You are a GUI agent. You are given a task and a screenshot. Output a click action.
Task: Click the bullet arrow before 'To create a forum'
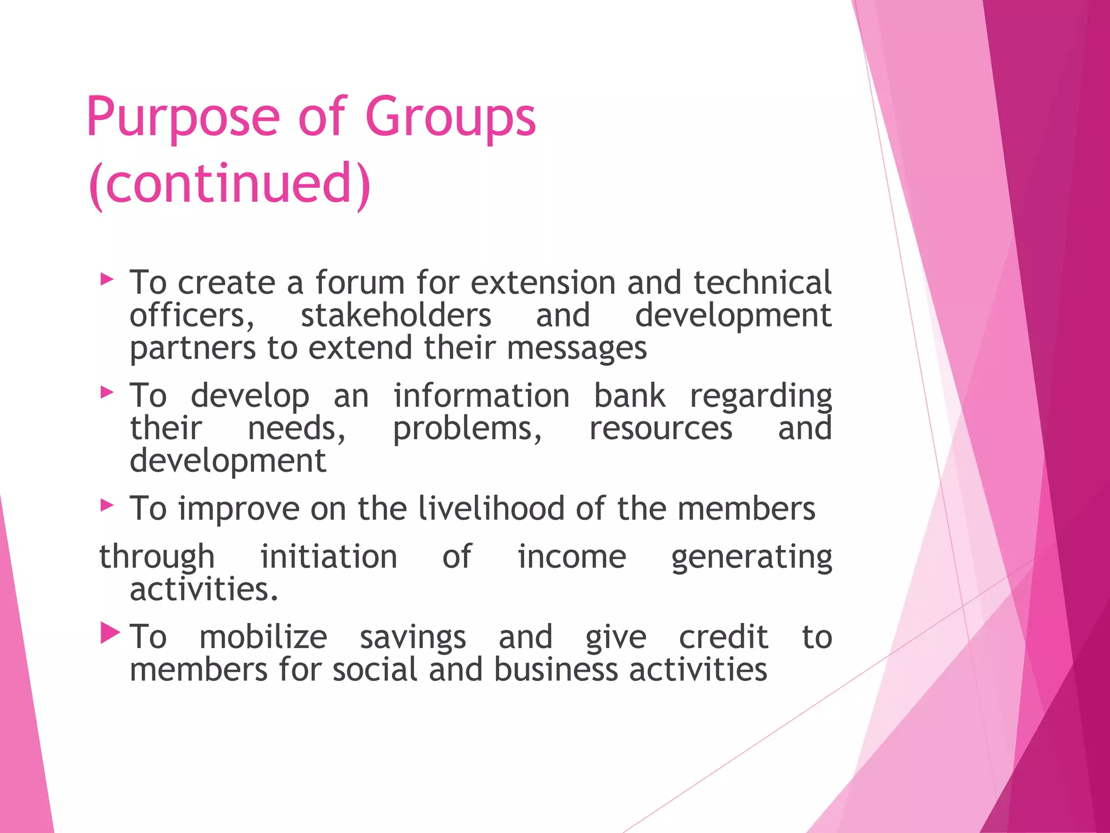tap(107, 280)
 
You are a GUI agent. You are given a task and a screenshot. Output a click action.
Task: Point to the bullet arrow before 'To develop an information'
tap(107, 392)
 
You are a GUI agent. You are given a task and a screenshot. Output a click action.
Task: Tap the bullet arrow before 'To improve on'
tap(107, 505)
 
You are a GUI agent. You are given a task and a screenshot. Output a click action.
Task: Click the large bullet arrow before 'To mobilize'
tap(110, 633)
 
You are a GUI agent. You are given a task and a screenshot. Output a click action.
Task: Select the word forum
tap(360, 283)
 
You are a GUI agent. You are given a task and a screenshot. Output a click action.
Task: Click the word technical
tap(762, 283)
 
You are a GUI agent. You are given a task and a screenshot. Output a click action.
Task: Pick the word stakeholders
tap(396, 316)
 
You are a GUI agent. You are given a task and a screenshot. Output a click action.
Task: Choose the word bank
tap(629, 396)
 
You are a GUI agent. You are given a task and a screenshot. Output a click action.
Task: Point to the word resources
tap(661, 428)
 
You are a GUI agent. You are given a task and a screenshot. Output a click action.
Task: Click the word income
tap(572, 557)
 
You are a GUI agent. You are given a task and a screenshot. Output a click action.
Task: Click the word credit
tap(724, 637)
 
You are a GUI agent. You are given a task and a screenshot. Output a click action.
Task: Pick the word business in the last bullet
tap(556, 669)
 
